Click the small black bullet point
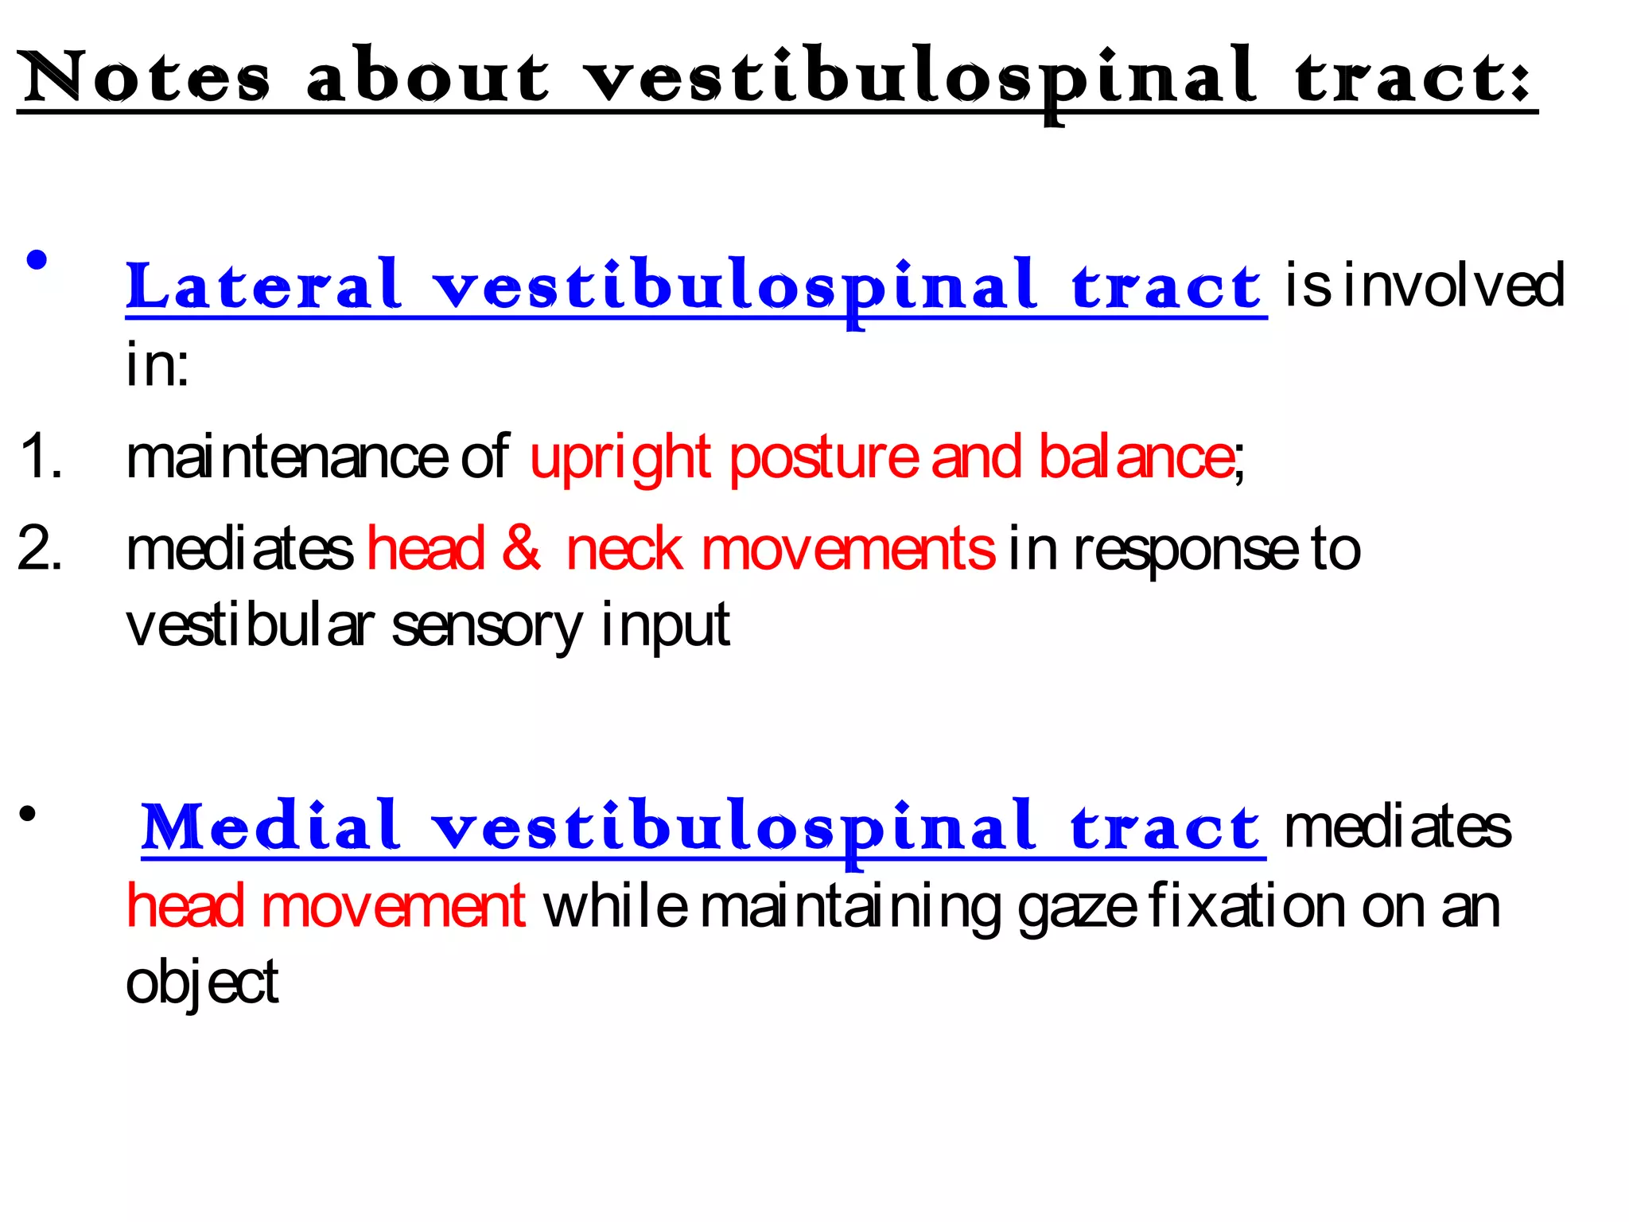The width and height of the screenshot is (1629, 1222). pos(29,814)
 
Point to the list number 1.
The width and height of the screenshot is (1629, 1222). pos(40,457)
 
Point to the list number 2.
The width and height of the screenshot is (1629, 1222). pos(40,548)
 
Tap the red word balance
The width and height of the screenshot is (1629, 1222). pos(1136,457)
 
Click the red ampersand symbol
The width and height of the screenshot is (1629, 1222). pos(522,548)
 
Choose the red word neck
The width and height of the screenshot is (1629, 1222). pos(624,549)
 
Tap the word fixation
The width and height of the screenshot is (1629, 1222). pos(1248,906)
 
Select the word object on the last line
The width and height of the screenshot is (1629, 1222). pos(202,983)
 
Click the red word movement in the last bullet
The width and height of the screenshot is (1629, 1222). pos(393,906)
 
